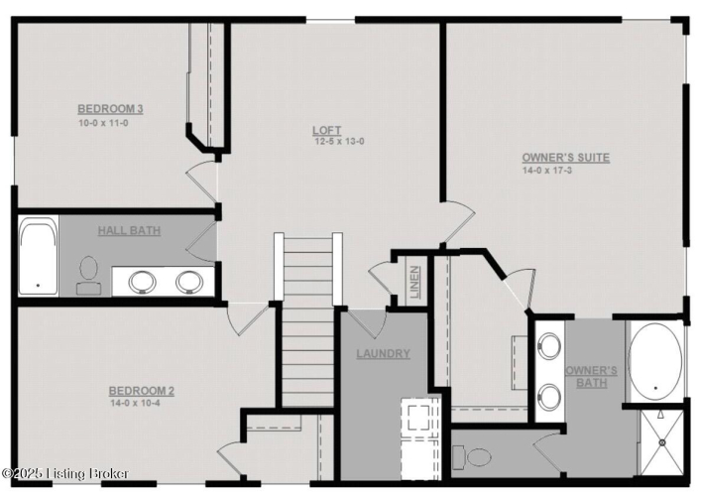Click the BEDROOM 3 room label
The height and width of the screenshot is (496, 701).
tap(110, 109)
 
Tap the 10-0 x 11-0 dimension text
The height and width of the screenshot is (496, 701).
tap(103, 123)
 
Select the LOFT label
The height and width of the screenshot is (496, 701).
tap(327, 130)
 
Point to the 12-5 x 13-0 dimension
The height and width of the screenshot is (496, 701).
tap(339, 142)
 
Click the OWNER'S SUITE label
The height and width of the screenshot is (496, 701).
tap(565, 158)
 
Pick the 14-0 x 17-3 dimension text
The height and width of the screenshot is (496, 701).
tap(547, 171)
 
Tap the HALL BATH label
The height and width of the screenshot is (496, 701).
tap(129, 231)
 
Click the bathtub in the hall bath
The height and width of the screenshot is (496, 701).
tap(39, 256)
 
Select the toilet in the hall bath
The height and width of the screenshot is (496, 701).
tap(88, 276)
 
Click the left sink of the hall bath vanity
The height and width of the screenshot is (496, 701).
tap(142, 282)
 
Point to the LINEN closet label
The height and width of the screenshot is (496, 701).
tap(414, 282)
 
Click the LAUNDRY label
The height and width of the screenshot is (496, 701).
tap(383, 354)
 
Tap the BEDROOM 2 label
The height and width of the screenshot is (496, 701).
tap(142, 391)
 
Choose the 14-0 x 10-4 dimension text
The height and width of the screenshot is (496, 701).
tap(136, 403)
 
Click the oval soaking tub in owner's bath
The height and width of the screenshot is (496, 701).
tap(655, 361)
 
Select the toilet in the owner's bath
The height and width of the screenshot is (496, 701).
tap(472, 457)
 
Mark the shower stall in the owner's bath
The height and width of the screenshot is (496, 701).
tap(662, 442)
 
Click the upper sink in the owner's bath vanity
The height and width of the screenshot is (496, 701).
tap(549, 345)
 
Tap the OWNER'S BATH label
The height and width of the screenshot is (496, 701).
tap(592, 377)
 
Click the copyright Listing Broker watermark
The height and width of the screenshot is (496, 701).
tap(65, 473)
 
